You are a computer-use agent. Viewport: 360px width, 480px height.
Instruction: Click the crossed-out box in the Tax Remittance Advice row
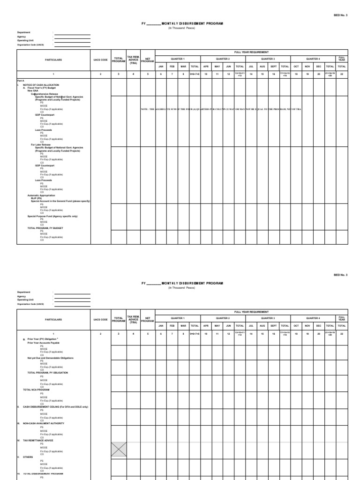tap(119, 450)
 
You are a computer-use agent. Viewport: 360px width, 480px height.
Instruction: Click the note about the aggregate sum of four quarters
tap(220, 109)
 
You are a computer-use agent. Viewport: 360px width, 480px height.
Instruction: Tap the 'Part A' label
tap(20, 81)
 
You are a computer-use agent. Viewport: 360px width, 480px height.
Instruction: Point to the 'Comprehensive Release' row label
tap(45, 93)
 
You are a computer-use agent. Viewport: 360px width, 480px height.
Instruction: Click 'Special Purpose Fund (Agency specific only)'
tap(52, 216)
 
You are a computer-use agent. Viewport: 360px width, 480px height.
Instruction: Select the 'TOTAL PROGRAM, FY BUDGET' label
tap(45, 228)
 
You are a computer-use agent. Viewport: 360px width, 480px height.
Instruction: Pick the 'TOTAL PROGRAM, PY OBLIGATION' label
tap(47, 372)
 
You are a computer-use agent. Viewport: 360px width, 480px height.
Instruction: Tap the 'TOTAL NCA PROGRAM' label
tap(36, 390)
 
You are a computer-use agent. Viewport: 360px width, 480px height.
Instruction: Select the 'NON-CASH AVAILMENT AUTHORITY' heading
tap(43, 423)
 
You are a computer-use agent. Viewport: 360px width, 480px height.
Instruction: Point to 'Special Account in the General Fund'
tap(60, 201)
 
